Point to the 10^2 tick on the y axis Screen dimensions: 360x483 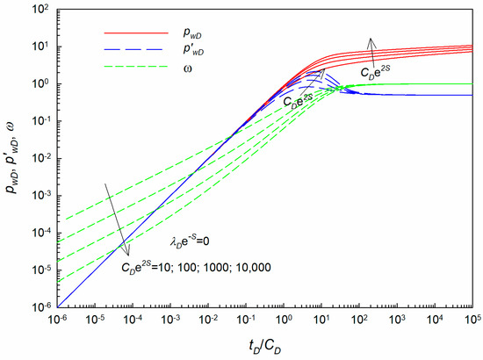(x=40, y=10)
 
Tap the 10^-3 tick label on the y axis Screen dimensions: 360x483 (x=40, y=196)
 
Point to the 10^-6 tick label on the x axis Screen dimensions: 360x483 (x=58, y=320)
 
